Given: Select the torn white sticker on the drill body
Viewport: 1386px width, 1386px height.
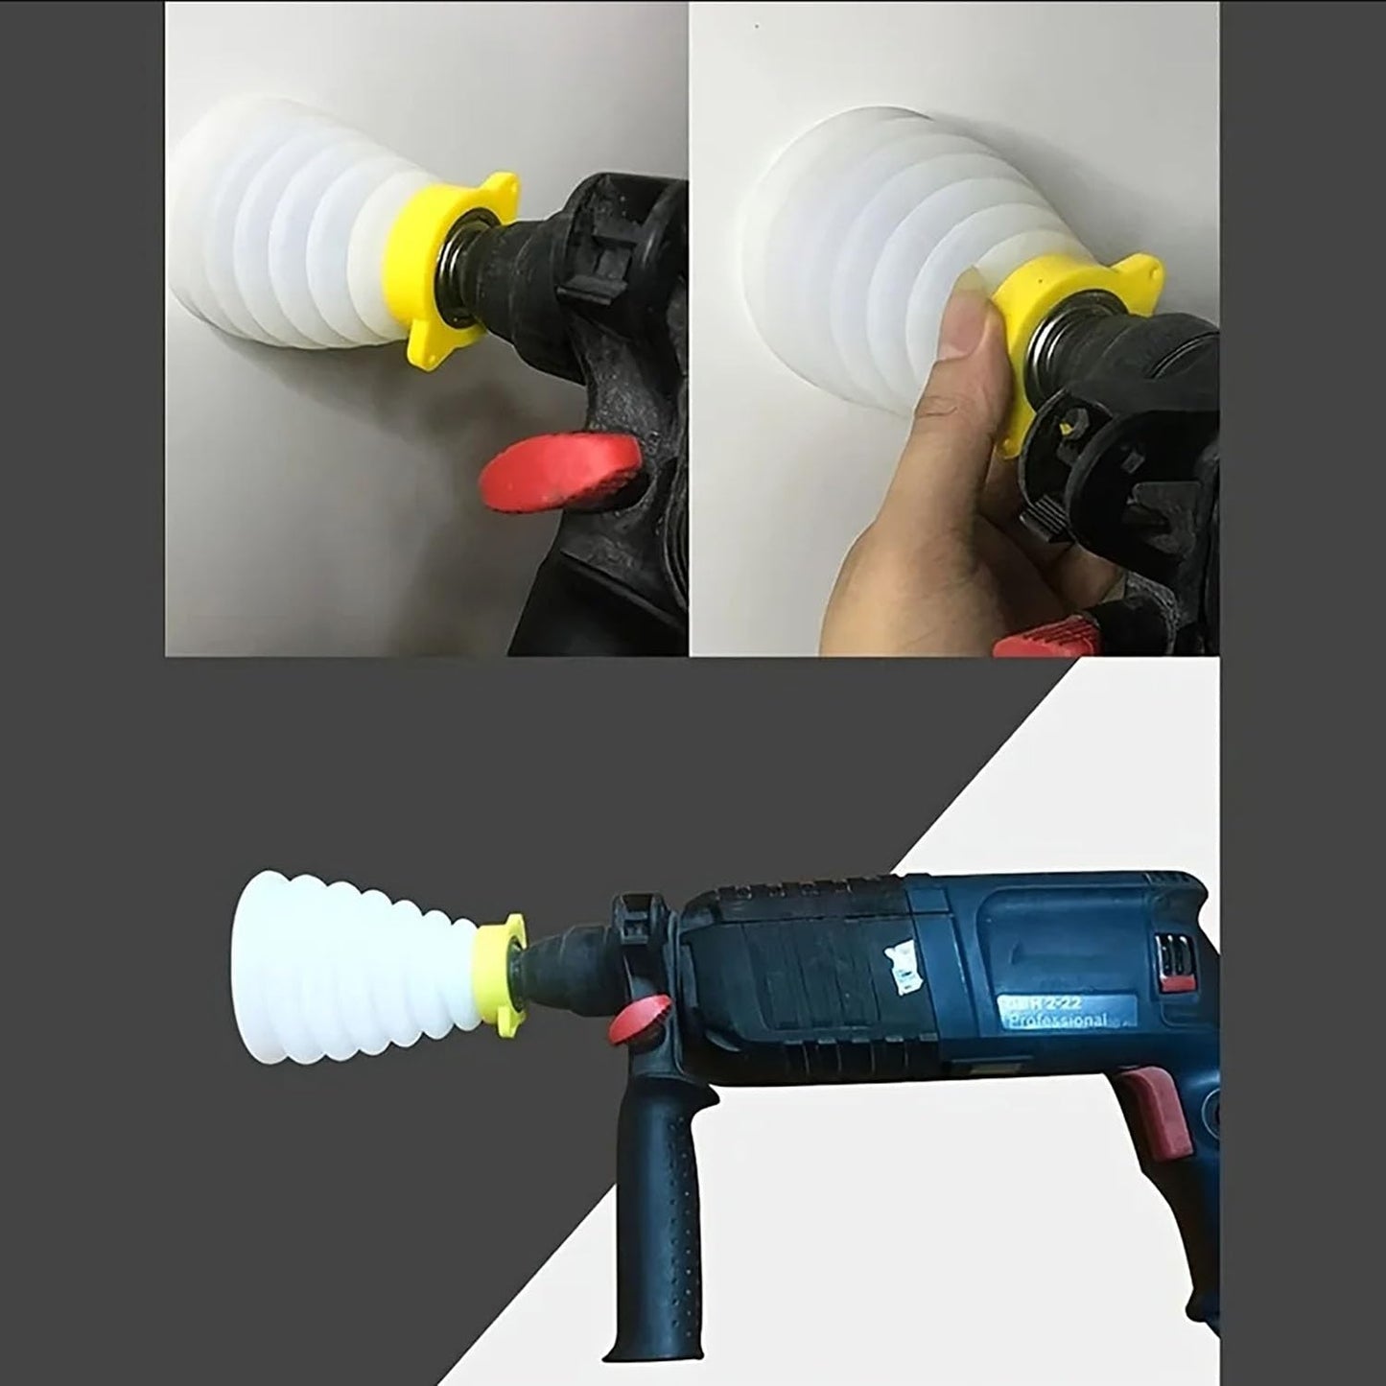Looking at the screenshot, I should point(901,968).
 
